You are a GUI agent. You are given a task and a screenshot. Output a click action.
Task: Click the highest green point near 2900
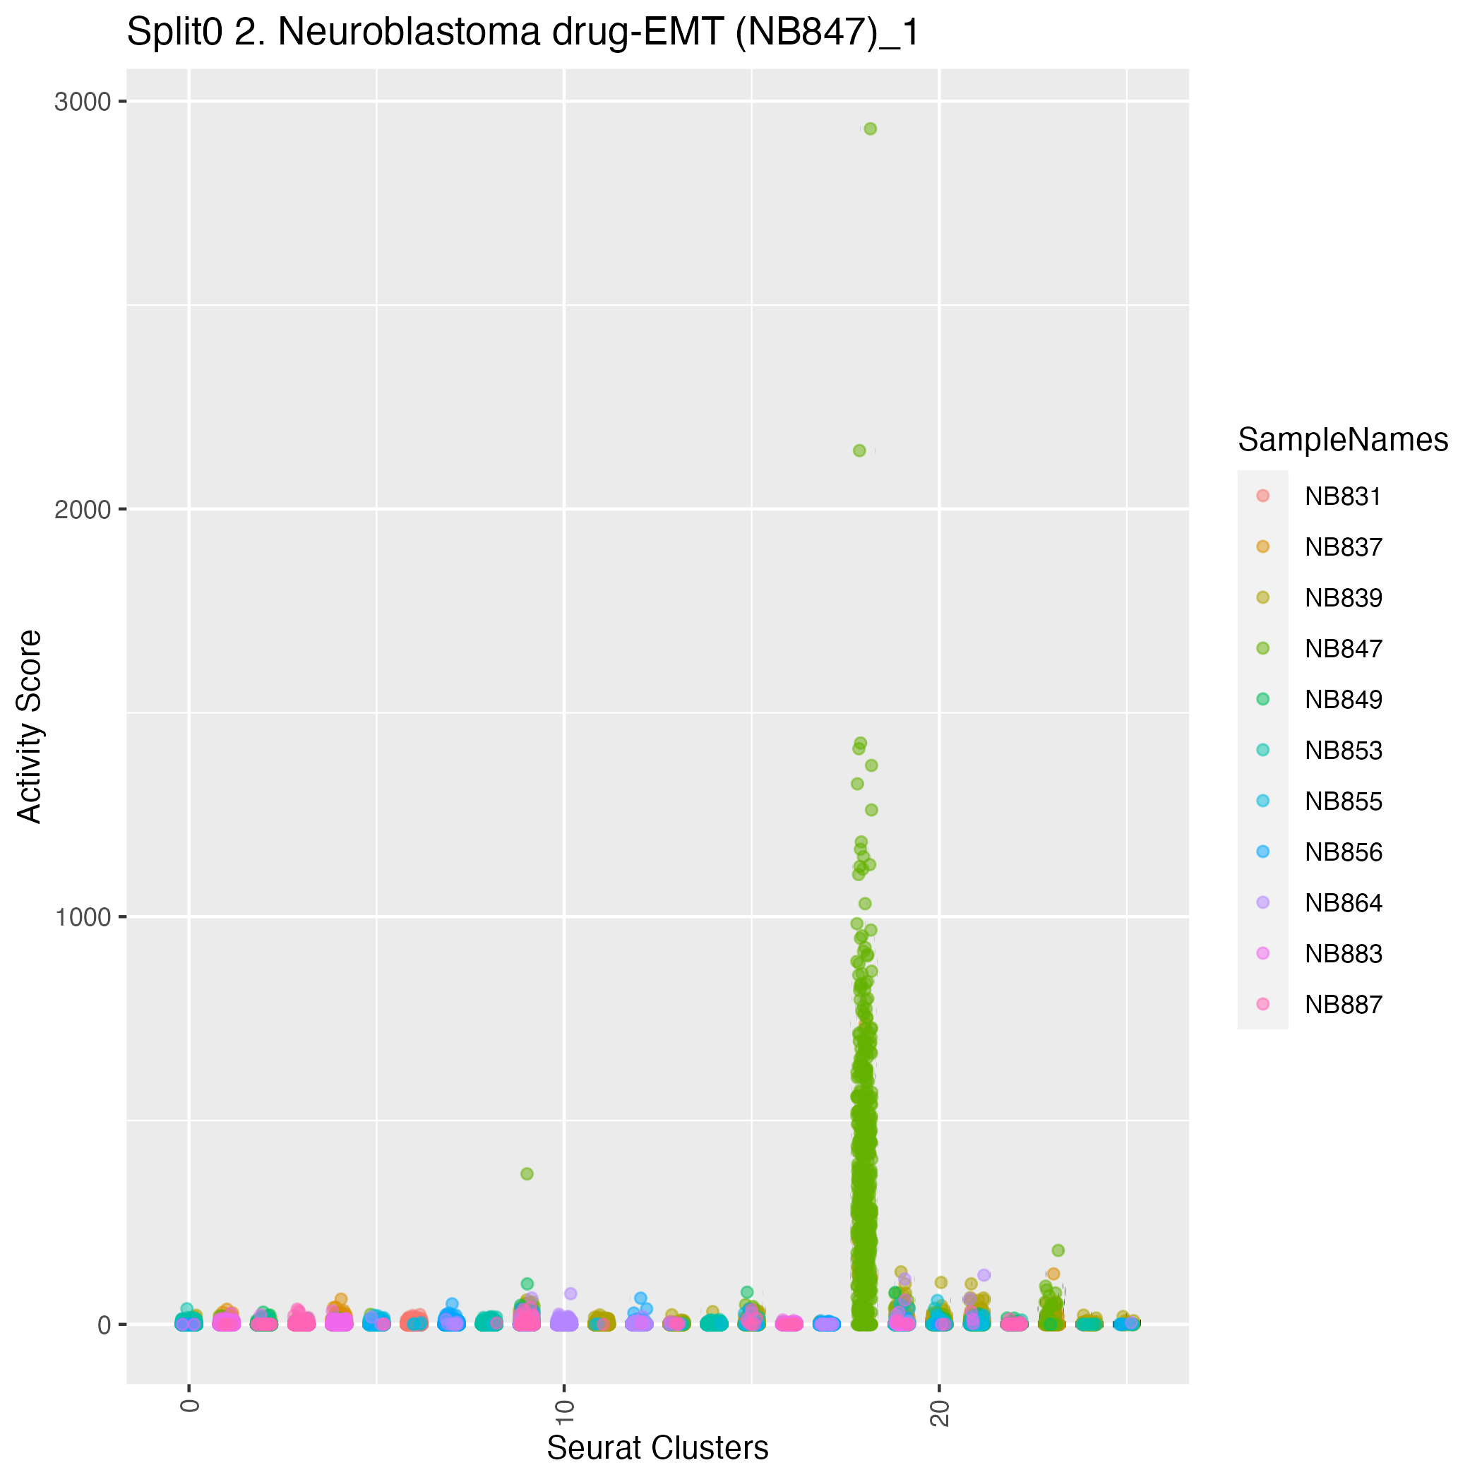(x=870, y=129)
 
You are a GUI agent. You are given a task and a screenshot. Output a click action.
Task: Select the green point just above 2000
(x=859, y=450)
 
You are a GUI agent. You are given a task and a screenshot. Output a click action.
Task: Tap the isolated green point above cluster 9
(x=527, y=1173)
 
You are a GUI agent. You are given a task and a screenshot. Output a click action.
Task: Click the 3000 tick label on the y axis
(x=82, y=102)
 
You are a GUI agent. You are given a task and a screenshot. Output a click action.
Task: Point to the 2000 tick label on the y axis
(x=82, y=509)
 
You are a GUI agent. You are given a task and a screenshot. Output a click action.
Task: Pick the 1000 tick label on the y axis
(x=82, y=917)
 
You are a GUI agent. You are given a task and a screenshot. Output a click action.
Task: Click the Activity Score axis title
(x=30, y=727)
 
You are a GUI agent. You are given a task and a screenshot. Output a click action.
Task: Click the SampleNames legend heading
(x=1343, y=440)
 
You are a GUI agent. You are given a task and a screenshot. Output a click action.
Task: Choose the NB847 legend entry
(x=1343, y=649)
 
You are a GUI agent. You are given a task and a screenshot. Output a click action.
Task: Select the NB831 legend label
(x=1343, y=497)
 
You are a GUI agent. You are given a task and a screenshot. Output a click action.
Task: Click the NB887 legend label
(x=1343, y=1005)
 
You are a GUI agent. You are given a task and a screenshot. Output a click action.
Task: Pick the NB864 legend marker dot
(x=1263, y=903)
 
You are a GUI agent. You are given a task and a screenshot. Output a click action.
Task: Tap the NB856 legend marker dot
(x=1263, y=851)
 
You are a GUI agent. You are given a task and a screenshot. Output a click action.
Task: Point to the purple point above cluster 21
(x=984, y=1275)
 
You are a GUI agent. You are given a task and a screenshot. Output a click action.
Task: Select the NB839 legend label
(x=1343, y=598)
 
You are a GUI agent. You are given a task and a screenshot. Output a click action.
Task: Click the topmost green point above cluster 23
(x=1058, y=1250)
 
